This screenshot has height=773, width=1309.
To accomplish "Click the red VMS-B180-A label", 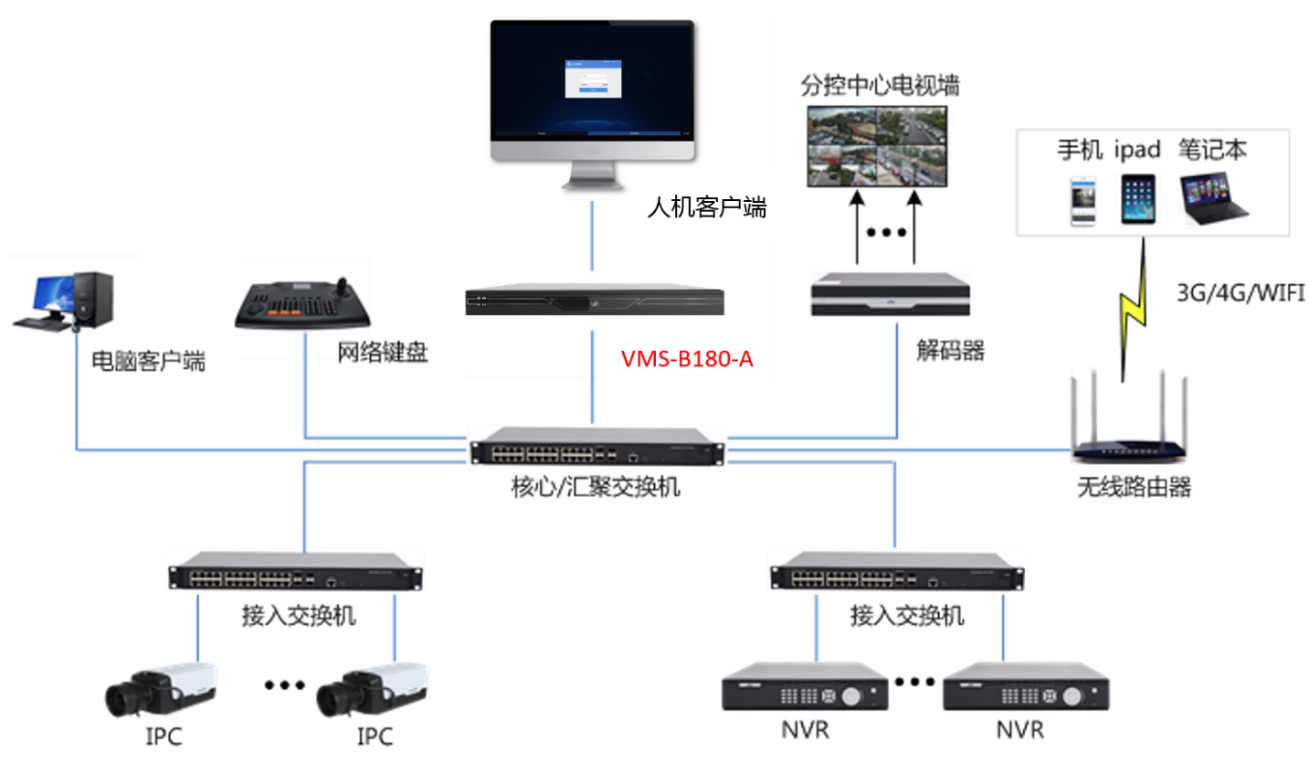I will pyautogui.click(x=687, y=359).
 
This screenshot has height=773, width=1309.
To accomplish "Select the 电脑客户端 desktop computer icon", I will pyautogui.click(x=65, y=301).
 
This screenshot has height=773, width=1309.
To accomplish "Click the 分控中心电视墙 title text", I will pyautogui.click(x=880, y=86).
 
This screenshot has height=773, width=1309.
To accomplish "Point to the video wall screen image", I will pyautogui.click(x=877, y=146).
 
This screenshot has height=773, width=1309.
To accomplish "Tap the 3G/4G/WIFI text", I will pyautogui.click(x=1240, y=293).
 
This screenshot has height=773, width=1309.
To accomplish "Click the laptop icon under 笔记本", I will pyautogui.click(x=1213, y=199).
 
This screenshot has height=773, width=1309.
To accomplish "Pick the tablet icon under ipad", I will pyautogui.click(x=1137, y=199).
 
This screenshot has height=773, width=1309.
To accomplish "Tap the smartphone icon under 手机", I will pyautogui.click(x=1083, y=201).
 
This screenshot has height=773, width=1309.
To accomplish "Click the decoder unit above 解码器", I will pyautogui.click(x=890, y=294).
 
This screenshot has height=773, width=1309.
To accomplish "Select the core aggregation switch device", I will pyautogui.click(x=597, y=447).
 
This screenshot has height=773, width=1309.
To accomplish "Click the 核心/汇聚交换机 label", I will pyautogui.click(x=596, y=487).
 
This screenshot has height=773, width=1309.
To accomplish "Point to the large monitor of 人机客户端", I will pyautogui.click(x=593, y=91).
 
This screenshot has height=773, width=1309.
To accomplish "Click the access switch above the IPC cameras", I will pyautogui.click(x=295, y=572).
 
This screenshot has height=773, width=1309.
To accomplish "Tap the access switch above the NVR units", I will pyautogui.click(x=896, y=572).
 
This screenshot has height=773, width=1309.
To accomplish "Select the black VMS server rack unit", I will pyautogui.click(x=595, y=302).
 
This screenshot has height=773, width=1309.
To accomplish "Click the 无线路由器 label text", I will pyautogui.click(x=1134, y=487).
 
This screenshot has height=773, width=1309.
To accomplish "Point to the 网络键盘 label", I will pyautogui.click(x=382, y=353).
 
